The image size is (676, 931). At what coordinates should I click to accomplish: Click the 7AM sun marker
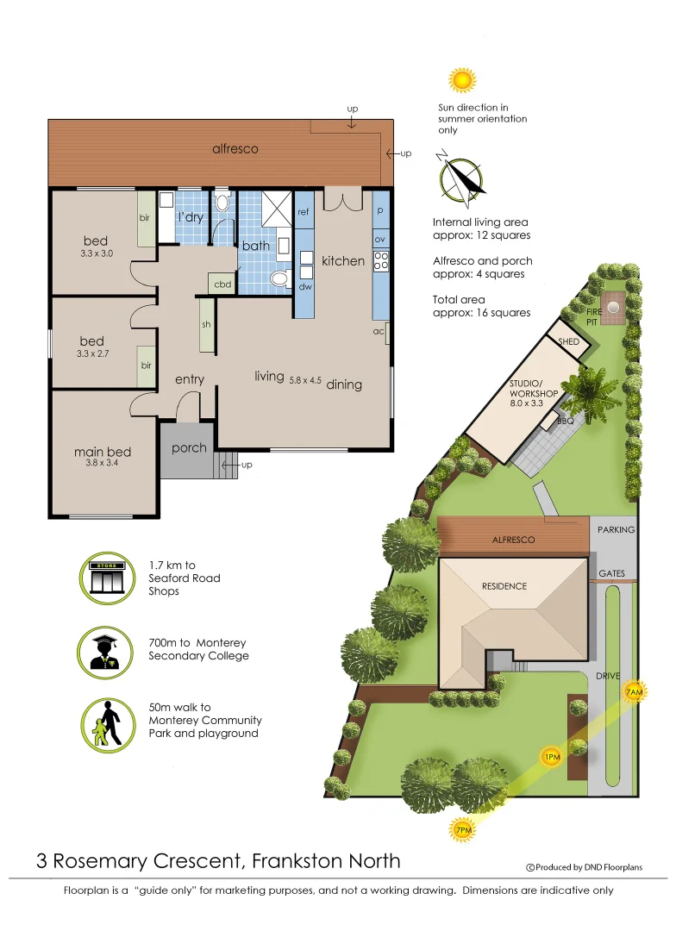pos(634,691)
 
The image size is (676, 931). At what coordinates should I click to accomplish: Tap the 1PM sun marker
pos(552,757)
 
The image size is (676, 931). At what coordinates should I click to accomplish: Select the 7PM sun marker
pos(463,830)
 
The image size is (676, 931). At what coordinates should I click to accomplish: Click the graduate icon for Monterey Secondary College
pos(106,649)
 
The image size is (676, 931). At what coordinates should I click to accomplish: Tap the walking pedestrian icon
pos(106,722)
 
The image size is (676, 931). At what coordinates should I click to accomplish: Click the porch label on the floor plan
pos(189,447)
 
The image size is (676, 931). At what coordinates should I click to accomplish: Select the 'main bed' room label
pos(103,452)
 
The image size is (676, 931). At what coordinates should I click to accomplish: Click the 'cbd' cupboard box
pos(222,284)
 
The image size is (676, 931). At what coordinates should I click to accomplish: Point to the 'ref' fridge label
pos(304,211)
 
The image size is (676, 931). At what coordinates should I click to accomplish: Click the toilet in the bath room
pos(279,279)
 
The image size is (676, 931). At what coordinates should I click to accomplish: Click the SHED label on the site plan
pos(569,342)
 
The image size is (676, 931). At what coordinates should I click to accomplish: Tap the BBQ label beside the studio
pos(565,422)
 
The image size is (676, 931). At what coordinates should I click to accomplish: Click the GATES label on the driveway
pos(611,573)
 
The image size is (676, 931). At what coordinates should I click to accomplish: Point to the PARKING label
pos(616,530)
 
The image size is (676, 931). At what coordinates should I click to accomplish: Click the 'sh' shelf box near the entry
pos(206,324)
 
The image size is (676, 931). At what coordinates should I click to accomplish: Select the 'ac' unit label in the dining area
pos(379,331)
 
